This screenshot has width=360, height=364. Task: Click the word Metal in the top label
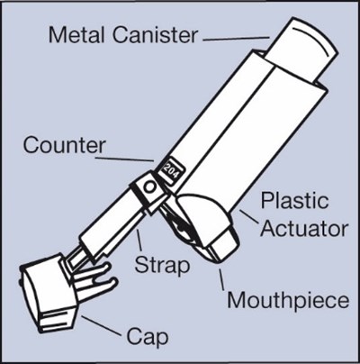[76, 35]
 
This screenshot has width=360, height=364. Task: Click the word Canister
[156, 35]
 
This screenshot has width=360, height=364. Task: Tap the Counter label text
[65, 145]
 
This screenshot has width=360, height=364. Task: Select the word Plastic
[294, 201]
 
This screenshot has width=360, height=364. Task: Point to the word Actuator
[304, 229]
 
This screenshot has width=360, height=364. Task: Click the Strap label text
[162, 266]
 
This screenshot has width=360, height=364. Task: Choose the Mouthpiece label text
[288, 300]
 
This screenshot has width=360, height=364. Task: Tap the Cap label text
[148, 337]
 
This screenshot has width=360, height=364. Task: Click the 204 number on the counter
[170, 170]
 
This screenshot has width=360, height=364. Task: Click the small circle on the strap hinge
[149, 187]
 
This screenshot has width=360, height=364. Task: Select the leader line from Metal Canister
[236, 39]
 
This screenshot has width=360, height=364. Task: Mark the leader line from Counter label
[125, 159]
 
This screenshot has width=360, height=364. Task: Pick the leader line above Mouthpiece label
[221, 279]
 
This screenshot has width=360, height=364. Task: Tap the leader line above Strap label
[139, 241]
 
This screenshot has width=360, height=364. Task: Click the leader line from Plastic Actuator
[248, 217]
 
